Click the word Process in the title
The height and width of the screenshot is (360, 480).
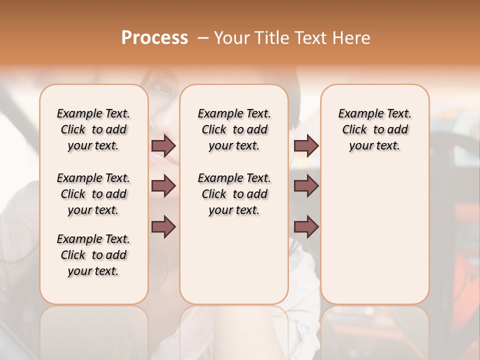pyautogui.click(x=154, y=38)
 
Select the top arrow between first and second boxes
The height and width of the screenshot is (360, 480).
pyautogui.click(x=163, y=145)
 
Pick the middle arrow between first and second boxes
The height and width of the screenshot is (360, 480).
pyautogui.click(x=163, y=186)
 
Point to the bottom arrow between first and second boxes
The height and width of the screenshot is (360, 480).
pyautogui.click(x=163, y=227)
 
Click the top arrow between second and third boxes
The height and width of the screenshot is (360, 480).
pyautogui.click(x=306, y=145)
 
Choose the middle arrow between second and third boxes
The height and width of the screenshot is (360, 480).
pyautogui.click(x=306, y=186)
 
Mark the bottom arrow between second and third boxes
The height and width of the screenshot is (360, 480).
pyautogui.click(x=306, y=227)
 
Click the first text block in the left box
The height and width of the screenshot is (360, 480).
pyautogui.click(x=93, y=129)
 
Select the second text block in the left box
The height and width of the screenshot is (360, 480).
pyautogui.click(x=93, y=194)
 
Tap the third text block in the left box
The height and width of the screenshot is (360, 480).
pyautogui.click(x=93, y=255)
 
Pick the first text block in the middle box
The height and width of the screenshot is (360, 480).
pyautogui.click(x=234, y=129)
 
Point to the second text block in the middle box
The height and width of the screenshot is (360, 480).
pyautogui.click(x=234, y=194)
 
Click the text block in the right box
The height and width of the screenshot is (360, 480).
pyautogui.click(x=375, y=129)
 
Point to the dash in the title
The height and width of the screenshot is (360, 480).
pyautogui.click(x=203, y=38)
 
